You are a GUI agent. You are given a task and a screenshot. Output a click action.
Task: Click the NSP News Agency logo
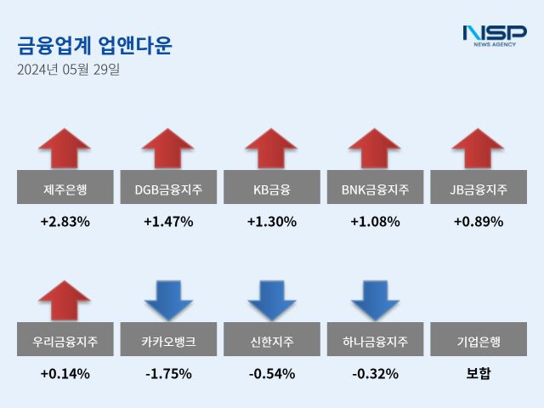[494, 37]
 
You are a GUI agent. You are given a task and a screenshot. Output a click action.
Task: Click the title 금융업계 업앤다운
[94, 46]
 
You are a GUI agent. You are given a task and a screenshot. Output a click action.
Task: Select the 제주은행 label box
[65, 187]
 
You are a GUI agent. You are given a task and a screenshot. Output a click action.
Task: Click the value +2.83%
[65, 222]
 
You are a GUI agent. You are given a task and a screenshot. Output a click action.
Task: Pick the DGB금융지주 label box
[168, 187]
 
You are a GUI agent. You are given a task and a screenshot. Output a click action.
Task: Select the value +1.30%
[271, 222]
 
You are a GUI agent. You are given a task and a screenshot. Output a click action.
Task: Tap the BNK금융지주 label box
[375, 187]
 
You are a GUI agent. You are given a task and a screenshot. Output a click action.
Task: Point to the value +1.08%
[375, 222]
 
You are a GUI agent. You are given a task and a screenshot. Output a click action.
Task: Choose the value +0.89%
[479, 222]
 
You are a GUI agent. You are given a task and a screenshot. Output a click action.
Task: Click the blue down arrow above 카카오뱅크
[168, 300]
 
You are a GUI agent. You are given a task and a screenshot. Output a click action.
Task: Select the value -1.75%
[168, 373]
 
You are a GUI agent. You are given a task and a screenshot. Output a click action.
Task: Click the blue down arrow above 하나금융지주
[375, 300]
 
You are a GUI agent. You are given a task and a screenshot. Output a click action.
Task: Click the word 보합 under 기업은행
[479, 373]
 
